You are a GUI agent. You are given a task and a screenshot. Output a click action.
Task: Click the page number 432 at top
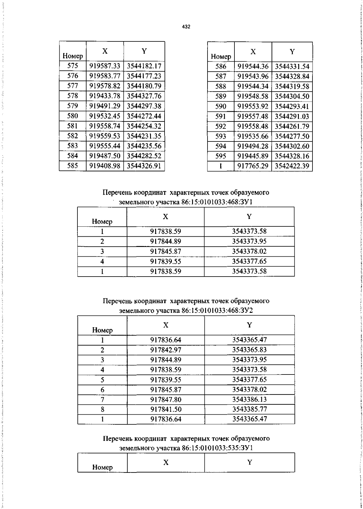point(186,27)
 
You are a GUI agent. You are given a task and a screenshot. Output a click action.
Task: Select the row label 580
point(73,116)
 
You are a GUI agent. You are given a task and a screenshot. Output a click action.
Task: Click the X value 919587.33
point(105,66)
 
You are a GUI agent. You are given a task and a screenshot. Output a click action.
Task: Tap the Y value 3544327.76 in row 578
point(144,96)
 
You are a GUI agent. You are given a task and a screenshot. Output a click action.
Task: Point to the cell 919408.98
point(105,166)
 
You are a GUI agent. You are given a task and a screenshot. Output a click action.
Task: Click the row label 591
point(221,116)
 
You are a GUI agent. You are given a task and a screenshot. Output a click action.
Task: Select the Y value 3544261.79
point(292,126)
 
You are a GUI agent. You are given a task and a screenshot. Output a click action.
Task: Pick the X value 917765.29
point(253,166)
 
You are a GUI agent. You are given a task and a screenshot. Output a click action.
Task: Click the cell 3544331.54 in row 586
point(292,66)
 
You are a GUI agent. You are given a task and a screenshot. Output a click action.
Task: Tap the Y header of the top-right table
point(292,52)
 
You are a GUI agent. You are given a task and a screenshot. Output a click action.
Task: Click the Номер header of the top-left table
point(73,56)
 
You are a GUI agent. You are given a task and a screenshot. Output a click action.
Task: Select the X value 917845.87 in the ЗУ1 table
point(165,251)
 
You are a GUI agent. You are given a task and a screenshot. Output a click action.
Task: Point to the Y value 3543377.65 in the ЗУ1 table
point(249,261)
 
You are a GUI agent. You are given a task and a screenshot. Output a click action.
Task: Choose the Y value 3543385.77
point(250,409)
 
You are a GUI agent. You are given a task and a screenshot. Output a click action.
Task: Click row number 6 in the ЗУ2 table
point(103,390)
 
